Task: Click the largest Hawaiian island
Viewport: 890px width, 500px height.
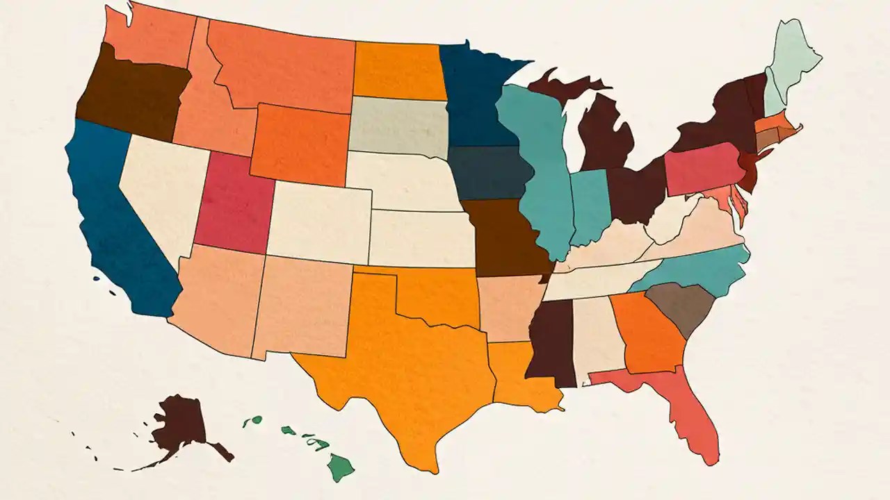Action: (x=340, y=467)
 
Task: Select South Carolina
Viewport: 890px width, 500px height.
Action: (x=674, y=309)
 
